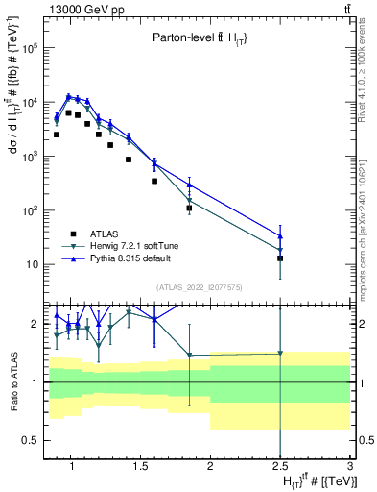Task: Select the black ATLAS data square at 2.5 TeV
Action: click(x=280, y=258)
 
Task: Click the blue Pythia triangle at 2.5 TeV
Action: click(x=280, y=236)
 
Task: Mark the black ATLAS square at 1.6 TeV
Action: click(x=154, y=181)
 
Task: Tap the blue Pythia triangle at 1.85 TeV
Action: click(x=190, y=184)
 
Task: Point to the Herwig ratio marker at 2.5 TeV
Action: click(x=280, y=353)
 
